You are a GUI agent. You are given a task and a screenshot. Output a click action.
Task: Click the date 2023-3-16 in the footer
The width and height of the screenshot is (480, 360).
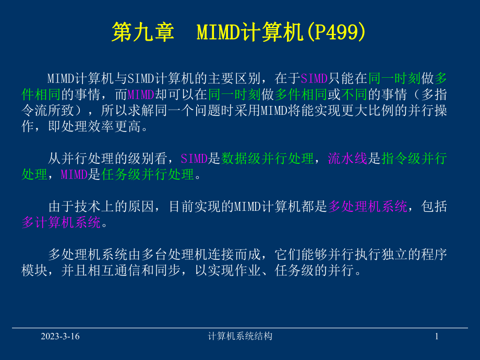point(61,337)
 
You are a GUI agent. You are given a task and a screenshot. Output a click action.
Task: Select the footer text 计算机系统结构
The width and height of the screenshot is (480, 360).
point(239,337)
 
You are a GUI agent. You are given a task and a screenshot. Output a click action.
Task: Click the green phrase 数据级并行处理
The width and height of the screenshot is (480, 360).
point(268,159)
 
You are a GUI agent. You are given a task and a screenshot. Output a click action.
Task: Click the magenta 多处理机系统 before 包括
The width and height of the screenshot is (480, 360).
point(368,207)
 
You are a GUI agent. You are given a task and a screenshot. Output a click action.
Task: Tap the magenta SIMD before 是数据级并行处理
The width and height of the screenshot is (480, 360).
point(194,159)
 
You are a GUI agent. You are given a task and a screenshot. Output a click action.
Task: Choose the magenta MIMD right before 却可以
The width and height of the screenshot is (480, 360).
point(140,94)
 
